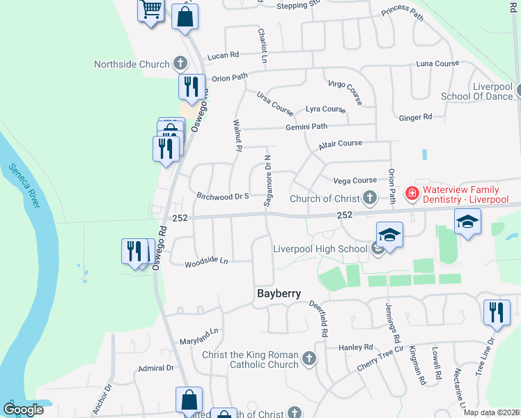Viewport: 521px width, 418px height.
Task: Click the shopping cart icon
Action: (150, 10)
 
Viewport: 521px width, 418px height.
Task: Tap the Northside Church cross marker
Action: (180, 64)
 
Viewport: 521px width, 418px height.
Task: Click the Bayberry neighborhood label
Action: (279, 293)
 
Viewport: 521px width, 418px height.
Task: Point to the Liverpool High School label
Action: (320, 249)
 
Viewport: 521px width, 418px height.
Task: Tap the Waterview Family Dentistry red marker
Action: (412, 193)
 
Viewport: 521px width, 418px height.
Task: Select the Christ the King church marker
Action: (309, 359)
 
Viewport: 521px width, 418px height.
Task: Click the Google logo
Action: (23, 410)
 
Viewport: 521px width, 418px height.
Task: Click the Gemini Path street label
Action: (306, 126)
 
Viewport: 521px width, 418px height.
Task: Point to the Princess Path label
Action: (402, 13)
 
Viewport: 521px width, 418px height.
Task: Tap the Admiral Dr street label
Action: (156, 368)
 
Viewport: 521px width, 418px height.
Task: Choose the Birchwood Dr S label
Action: (223, 196)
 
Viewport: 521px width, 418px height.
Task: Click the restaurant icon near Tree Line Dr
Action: (497, 311)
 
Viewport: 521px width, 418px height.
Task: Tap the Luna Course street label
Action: (437, 63)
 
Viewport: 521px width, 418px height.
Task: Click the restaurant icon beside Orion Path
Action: (191, 86)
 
